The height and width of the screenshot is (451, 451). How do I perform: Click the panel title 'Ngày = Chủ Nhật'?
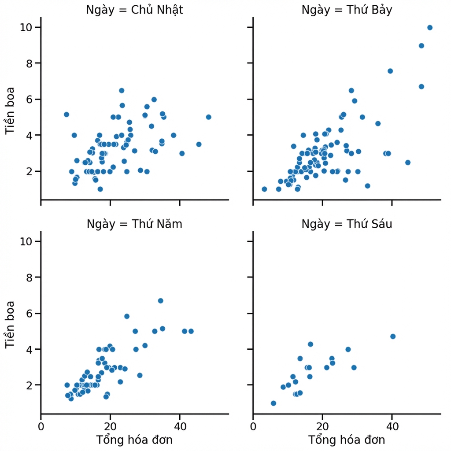pos(134,10)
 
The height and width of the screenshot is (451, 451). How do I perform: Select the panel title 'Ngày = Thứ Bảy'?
pos(347,10)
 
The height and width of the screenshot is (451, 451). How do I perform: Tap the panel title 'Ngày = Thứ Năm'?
pos(134,224)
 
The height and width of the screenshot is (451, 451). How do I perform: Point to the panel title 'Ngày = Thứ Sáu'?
pos(347,224)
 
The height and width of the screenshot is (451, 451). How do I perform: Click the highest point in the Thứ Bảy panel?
pos(430,28)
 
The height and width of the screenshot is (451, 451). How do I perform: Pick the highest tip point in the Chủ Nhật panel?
pos(122,91)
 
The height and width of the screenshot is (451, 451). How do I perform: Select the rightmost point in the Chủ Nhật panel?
pos(208,117)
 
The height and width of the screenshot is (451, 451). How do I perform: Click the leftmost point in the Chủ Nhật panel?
pos(67,115)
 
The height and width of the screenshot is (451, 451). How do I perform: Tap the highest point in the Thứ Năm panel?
pos(160,301)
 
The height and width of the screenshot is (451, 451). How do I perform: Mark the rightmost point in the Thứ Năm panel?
pos(191,331)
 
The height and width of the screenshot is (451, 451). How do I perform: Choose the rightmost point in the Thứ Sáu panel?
pos(393,336)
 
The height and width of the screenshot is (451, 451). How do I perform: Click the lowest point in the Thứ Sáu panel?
pos(274,403)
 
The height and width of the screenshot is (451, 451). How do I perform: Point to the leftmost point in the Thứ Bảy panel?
pos(264,189)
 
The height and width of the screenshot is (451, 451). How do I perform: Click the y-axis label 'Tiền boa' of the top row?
pos(10,111)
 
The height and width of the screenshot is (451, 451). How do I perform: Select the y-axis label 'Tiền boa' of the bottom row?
pos(10,325)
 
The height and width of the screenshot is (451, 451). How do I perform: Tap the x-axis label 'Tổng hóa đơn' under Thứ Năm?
pos(134,440)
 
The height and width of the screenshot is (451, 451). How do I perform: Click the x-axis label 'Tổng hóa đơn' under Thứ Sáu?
pos(347,440)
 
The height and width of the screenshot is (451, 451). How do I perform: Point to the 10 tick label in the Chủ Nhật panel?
pos(26,27)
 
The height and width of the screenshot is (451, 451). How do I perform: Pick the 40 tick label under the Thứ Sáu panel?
pos(392,426)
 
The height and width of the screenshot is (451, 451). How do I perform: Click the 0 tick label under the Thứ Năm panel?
pos(41,426)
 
